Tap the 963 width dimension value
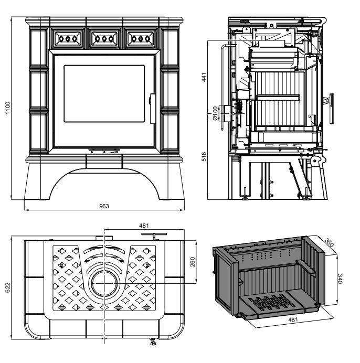pyautogui.click(x=104, y=206)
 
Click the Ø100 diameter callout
pyautogui.click(x=215, y=113)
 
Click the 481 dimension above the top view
pyautogui.click(x=143, y=226)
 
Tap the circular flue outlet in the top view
pyautogui.click(x=105, y=284)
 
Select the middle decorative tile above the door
pyautogui.click(x=104, y=38)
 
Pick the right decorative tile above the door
pyautogui.click(x=141, y=38)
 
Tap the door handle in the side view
pyautogui.click(x=330, y=100)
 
